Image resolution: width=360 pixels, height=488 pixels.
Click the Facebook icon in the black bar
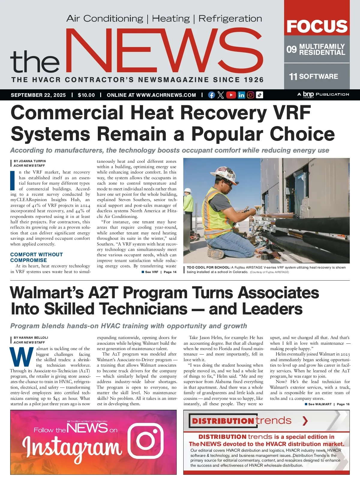click(211, 95)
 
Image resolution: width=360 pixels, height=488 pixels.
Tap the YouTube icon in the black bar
click(231, 95)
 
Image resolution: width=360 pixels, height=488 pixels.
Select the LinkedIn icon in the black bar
click(241, 95)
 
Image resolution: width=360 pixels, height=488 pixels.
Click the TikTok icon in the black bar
click(260, 95)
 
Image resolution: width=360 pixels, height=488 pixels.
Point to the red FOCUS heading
click(317, 26)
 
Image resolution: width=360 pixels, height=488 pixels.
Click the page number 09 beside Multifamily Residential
click(291, 49)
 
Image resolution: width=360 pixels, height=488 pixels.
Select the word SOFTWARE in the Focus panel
click(319, 76)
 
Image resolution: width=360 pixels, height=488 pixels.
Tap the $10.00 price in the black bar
click(86, 95)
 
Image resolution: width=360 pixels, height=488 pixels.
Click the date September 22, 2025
click(38, 95)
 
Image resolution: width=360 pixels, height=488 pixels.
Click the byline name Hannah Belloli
click(33, 338)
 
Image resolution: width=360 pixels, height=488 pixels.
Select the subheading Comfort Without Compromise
click(36, 257)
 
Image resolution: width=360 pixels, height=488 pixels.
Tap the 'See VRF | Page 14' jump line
click(159, 272)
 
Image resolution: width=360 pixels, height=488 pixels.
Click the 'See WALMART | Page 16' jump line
click(327, 404)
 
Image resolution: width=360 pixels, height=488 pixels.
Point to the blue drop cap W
click(22, 357)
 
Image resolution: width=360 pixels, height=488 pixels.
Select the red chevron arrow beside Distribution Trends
click(305, 421)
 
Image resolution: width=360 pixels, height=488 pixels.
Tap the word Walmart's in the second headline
click(47, 293)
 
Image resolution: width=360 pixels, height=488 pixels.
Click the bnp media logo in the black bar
click(308, 95)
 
